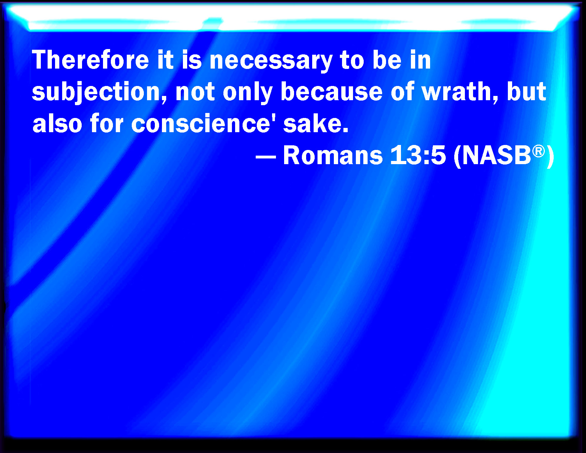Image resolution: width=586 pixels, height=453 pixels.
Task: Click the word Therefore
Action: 90,60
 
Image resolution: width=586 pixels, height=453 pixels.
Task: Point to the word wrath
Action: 457,92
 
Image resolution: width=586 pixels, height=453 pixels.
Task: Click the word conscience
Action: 201,124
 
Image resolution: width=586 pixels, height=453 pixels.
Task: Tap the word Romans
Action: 333,155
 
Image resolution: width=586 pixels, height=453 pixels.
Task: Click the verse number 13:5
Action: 418,155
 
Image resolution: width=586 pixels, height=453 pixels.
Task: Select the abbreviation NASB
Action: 497,155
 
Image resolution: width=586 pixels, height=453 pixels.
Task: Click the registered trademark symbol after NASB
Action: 538,151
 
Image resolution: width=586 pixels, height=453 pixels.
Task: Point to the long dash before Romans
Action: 266,156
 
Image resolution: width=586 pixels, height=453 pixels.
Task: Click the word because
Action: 331,92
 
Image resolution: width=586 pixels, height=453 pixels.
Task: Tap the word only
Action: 247,93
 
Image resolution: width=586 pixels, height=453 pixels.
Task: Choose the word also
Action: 57,124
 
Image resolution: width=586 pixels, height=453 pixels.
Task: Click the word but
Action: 526,92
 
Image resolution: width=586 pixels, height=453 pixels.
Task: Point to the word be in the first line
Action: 387,60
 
